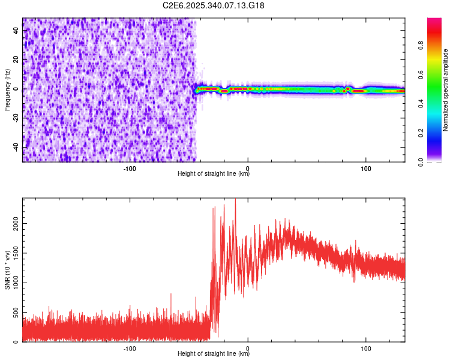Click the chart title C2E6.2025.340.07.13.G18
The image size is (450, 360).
point(214,5)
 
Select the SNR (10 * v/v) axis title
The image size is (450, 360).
point(7,271)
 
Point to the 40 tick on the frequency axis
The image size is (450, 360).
point(16,31)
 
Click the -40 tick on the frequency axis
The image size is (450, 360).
point(15,148)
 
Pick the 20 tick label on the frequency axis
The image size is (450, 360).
point(16,60)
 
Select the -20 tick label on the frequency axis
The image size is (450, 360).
point(15,118)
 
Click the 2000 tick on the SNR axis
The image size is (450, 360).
point(13,223)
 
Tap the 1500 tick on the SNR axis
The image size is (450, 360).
point(13,253)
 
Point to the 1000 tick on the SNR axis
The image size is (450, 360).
point(13,283)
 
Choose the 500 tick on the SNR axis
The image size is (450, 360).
point(15,313)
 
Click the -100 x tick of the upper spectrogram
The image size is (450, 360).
point(130,168)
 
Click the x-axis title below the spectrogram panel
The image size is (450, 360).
point(214,174)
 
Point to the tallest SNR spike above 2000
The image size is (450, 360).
point(235,200)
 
